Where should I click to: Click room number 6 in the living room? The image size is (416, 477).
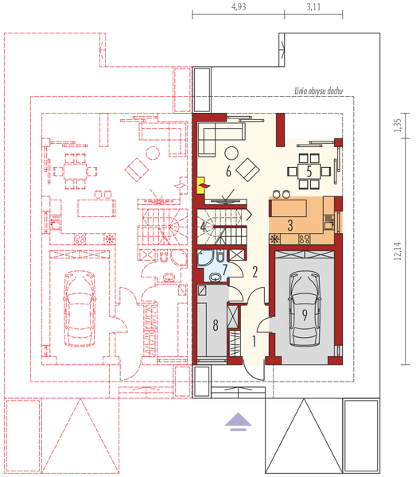(228, 170)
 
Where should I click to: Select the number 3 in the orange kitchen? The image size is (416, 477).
(291, 225)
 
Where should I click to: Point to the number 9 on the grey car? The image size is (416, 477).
(304, 313)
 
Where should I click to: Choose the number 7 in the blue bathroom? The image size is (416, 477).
(225, 270)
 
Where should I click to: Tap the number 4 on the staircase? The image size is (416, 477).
(204, 227)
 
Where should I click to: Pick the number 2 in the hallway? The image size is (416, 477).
(255, 272)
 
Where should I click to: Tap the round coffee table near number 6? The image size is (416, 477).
(231, 152)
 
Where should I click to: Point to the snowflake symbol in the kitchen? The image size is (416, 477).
(275, 238)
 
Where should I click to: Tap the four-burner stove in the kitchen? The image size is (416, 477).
(304, 238)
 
